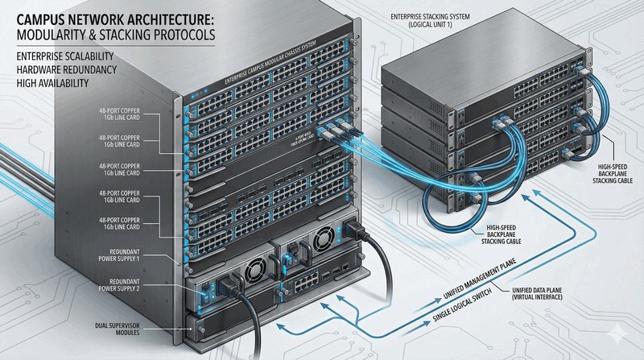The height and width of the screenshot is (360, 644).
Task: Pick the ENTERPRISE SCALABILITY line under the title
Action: pyautogui.click(x=61, y=59)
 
